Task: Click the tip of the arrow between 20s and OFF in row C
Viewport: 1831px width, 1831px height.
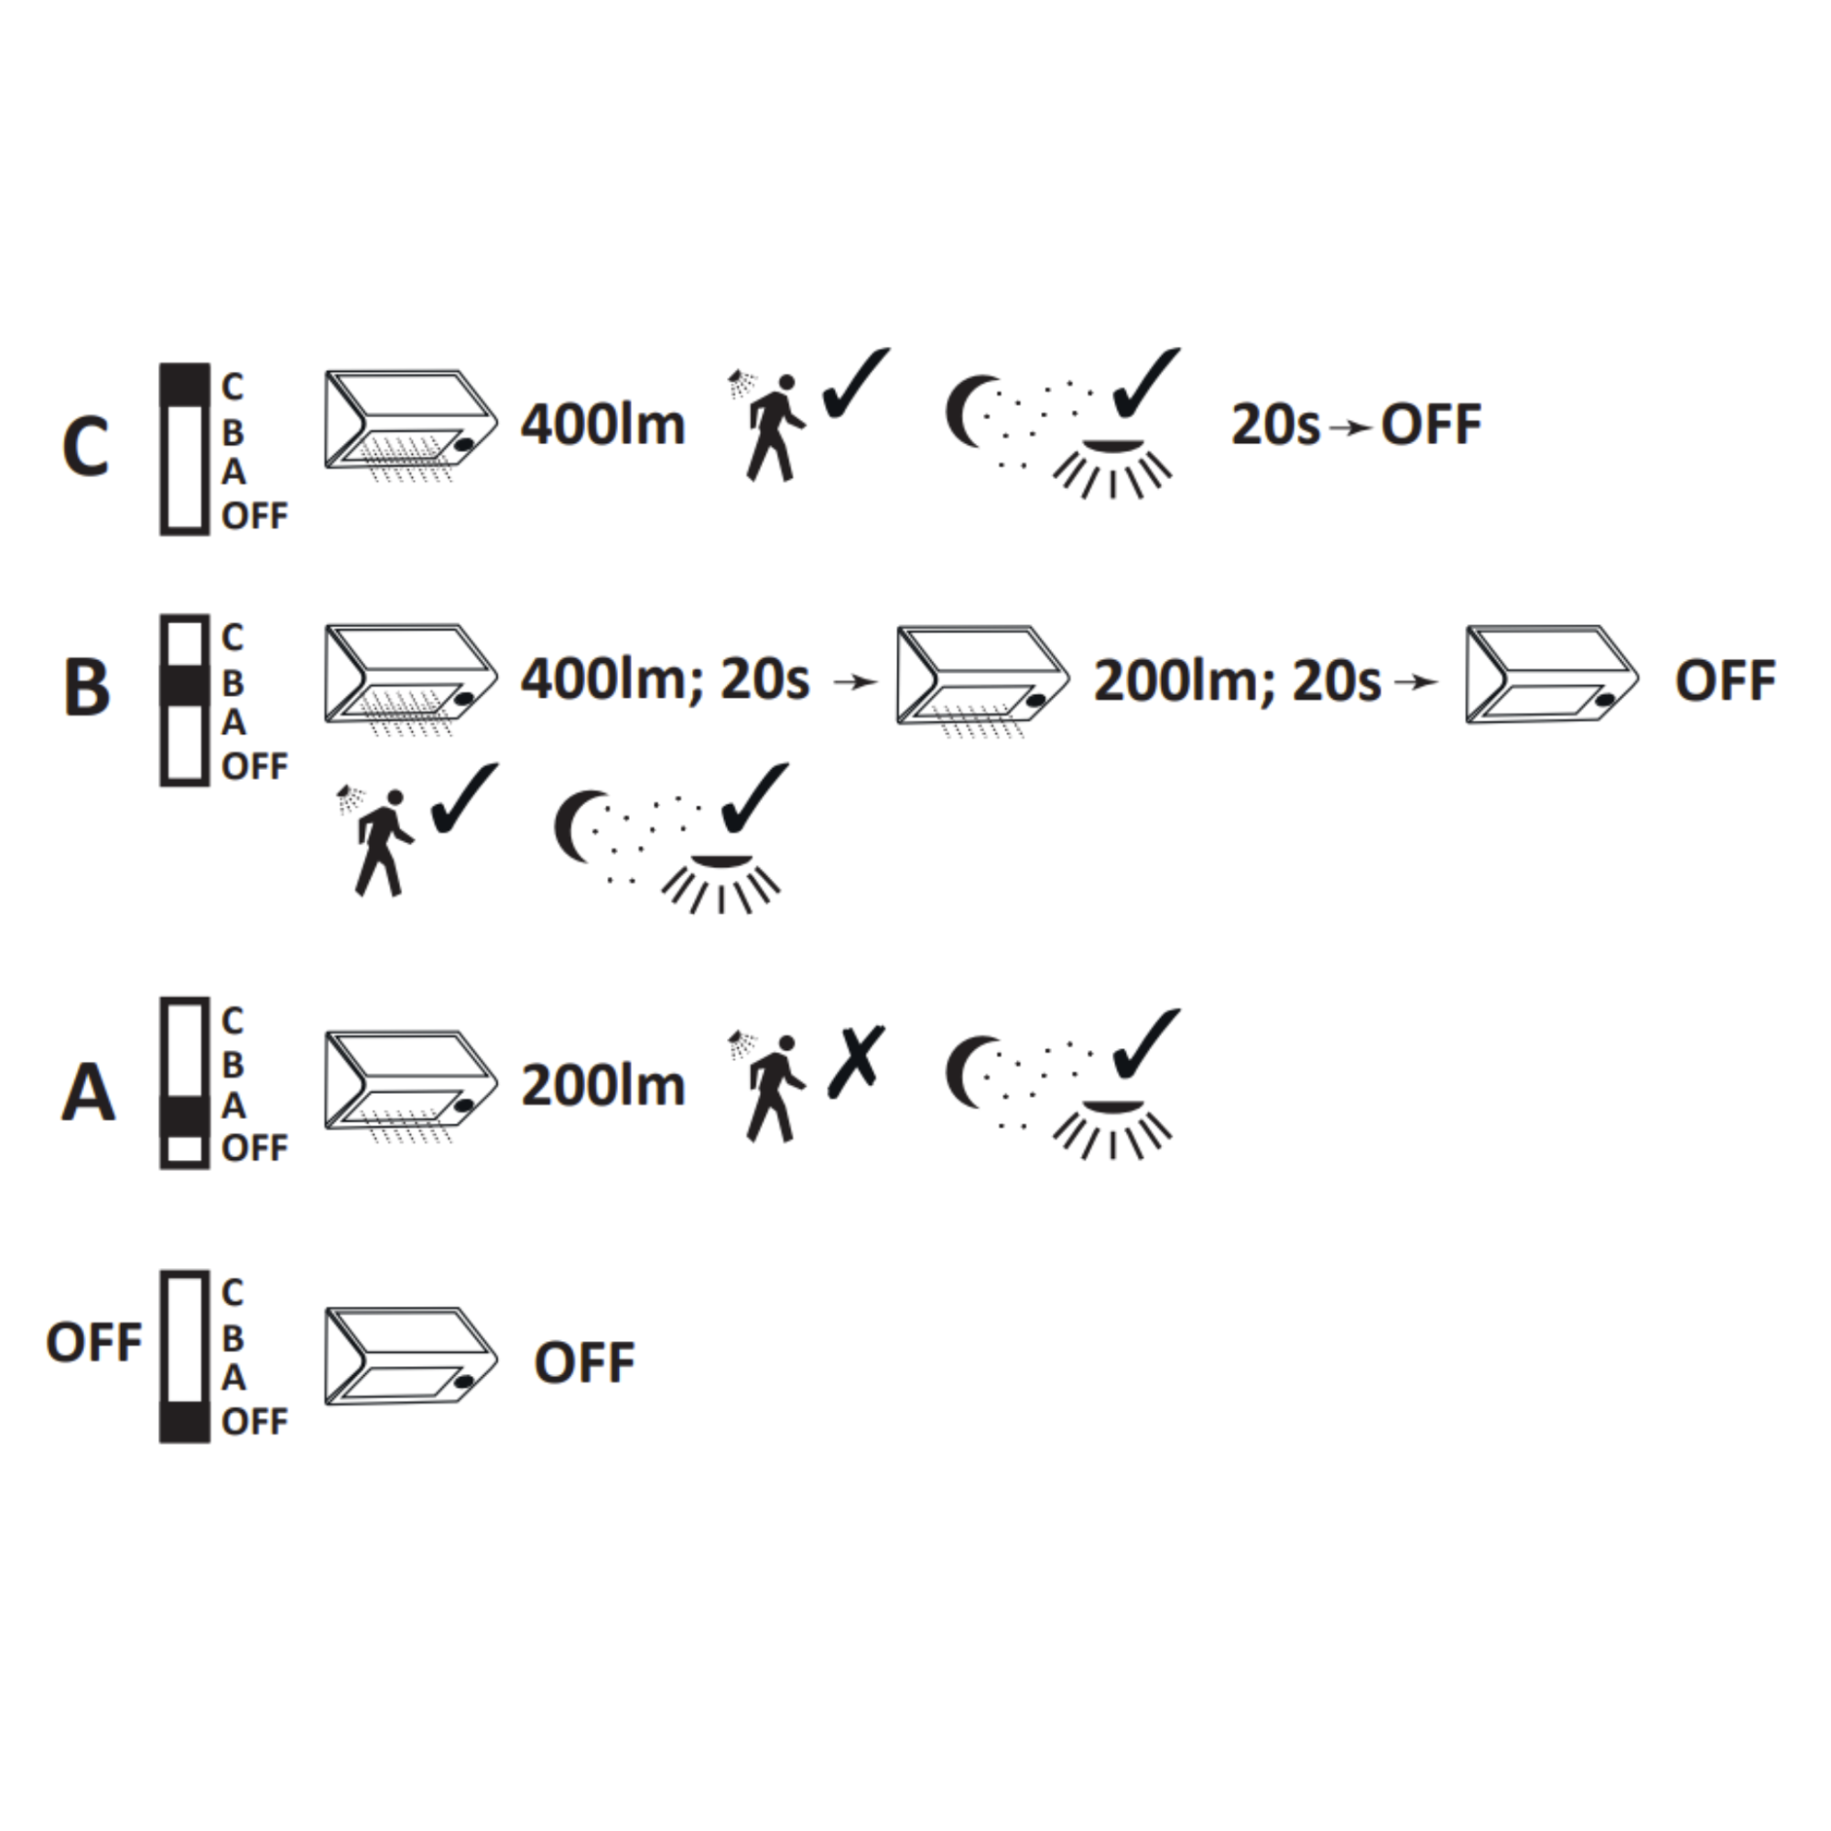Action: coord(1372,428)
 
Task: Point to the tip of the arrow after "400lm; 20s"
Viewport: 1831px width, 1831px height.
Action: coord(879,681)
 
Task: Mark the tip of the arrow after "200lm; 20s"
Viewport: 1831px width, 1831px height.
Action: coord(1438,681)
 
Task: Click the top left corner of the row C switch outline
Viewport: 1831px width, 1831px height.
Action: coord(161,365)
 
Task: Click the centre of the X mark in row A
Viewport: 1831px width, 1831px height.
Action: coord(857,1060)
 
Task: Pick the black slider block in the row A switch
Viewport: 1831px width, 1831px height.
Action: coord(185,1115)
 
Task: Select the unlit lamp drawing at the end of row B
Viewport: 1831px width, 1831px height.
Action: coord(1552,675)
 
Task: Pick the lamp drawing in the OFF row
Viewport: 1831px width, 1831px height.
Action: coord(411,1357)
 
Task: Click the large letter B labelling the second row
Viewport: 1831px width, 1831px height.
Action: coord(86,686)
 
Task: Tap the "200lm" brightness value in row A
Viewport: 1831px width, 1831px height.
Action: coord(603,1086)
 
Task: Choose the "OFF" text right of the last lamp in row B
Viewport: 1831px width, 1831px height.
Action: coord(1725,681)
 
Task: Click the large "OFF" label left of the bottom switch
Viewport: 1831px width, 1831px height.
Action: coord(93,1343)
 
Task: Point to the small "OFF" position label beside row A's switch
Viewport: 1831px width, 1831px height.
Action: coord(254,1149)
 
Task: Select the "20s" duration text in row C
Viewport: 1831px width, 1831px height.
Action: coord(1274,425)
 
